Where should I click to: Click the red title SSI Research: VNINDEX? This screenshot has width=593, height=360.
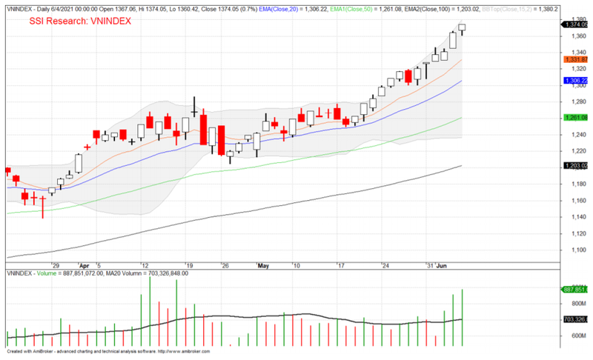80,21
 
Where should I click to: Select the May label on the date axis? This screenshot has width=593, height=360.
265,264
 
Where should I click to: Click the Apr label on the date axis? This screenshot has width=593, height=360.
84,264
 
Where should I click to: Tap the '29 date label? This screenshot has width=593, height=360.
54,264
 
